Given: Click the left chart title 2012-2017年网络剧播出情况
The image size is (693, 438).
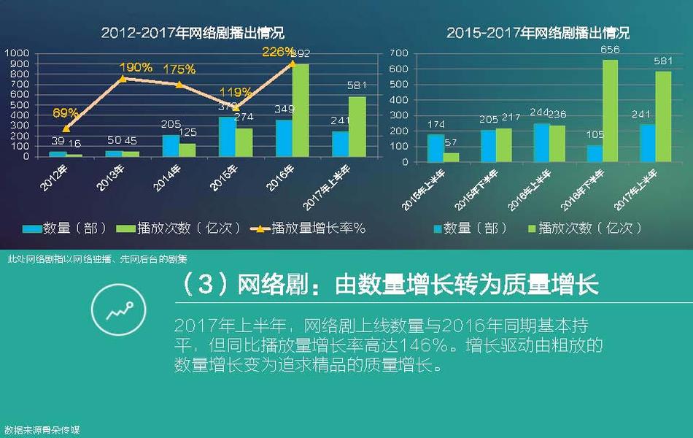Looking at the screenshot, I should point(193,33).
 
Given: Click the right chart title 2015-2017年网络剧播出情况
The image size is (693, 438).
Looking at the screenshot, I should point(538,33).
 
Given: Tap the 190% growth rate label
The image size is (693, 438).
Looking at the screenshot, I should point(136,67).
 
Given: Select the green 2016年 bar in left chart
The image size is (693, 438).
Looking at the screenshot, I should point(300,109).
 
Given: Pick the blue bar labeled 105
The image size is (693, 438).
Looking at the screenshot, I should point(595,153).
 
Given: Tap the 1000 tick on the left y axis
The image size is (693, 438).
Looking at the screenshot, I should point(18,53).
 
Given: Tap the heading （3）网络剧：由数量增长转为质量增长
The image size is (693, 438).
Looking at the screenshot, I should point(387,285).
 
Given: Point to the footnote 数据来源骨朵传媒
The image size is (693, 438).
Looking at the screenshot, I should point(42,431).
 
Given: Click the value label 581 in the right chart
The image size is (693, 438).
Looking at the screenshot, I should point(663,61).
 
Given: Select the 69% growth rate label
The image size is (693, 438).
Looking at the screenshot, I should point(66,112).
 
